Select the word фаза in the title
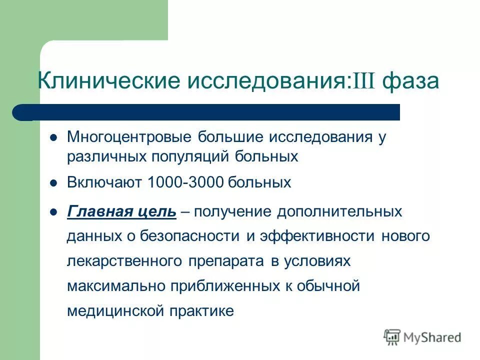pos(410,81)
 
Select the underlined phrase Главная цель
pos(121,211)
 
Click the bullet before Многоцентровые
pos(54,137)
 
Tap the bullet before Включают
pos(54,182)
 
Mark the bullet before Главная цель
pos(54,211)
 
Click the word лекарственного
pos(124,261)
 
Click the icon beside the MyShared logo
pos(392,337)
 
